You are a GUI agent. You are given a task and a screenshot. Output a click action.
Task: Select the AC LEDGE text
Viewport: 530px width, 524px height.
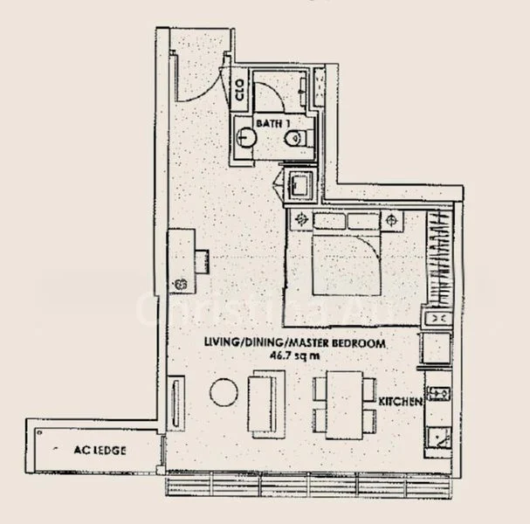[x=100, y=451]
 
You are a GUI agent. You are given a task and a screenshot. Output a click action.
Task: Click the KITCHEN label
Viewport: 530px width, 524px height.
[x=401, y=402]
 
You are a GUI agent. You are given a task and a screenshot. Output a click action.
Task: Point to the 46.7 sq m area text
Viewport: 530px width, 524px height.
[x=295, y=355]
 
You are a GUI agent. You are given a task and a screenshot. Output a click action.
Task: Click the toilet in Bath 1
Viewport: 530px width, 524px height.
[x=299, y=136]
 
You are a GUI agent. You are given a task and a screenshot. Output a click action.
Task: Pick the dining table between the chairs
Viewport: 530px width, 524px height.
[x=347, y=404]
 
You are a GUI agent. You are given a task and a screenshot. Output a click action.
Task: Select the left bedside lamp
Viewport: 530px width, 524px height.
[x=302, y=220]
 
